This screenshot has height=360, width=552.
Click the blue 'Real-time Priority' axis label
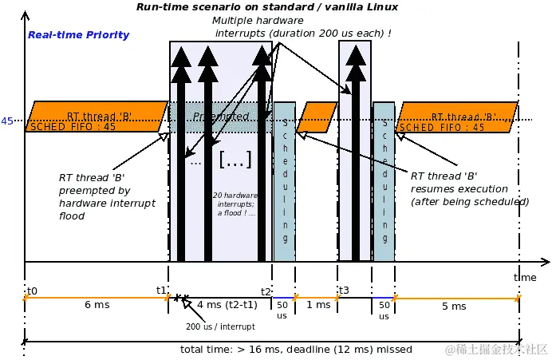coord(78,35)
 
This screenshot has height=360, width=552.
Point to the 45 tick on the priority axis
coord(7,121)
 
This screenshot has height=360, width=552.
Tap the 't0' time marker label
coord(32,291)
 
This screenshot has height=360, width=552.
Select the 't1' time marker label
coord(161,290)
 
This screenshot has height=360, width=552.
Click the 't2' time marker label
coord(266,291)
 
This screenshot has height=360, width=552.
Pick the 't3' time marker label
coord(344,290)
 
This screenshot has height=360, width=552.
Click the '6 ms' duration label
coord(96,305)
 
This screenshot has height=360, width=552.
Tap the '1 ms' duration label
coord(317,305)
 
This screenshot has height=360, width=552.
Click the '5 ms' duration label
coord(453,306)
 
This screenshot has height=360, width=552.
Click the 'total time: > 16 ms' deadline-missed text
coord(296,349)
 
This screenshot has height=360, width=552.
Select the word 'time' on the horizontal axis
coord(525,276)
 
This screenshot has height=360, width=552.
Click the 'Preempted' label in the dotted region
coord(221,117)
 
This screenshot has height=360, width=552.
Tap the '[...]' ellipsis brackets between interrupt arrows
coord(235,160)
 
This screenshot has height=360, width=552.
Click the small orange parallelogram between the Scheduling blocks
coord(317,117)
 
